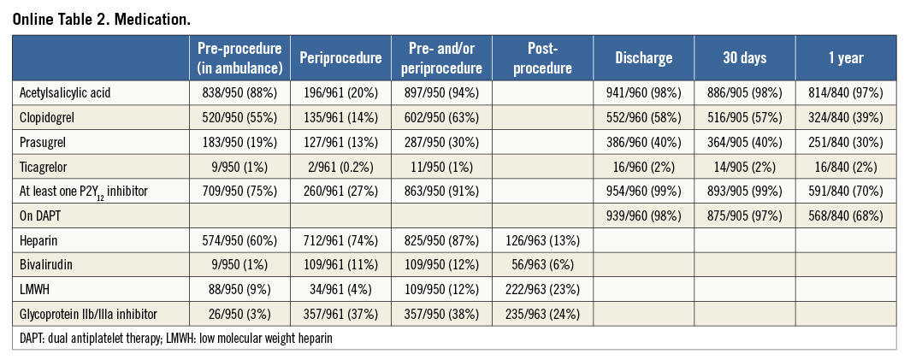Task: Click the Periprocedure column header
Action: (x=340, y=58)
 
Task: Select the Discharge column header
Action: (x=643, y=58)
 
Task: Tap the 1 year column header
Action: (x=845, y=58)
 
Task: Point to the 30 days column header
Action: (x=744, y=58)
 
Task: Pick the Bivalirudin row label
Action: (x=45, y=265)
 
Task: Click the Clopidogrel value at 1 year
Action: (x=845, y=118)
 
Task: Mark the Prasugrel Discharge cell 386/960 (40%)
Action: (x=643, y=143)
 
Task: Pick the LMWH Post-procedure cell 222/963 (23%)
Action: (x=543, y=290)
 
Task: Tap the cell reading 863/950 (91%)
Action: (x=442, y=192)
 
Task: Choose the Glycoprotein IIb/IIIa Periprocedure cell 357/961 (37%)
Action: (x=340, y=314)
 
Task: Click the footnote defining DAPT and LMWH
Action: (x=175, y=339)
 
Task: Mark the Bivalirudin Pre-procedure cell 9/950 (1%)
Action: (x=239, y=265)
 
